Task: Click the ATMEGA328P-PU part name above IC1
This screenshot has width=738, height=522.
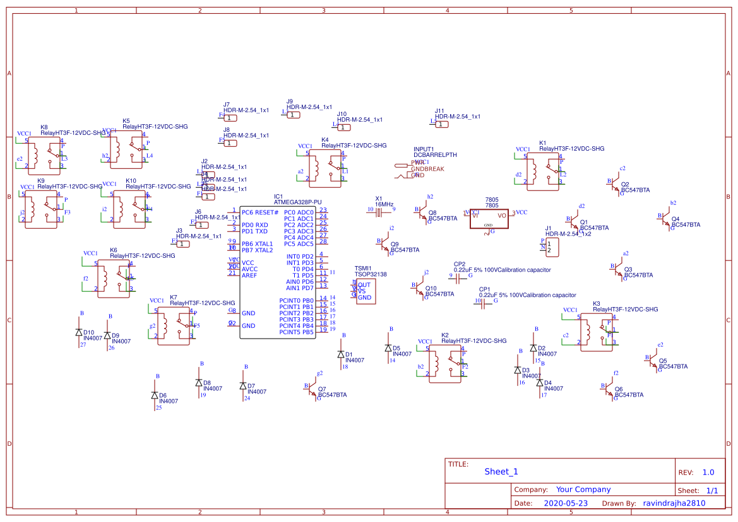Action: [297, 202]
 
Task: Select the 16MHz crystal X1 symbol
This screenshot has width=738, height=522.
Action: [379, 212]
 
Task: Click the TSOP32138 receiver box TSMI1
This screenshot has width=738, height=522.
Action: [366, 291]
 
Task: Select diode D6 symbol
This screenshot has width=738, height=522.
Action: [155, 395]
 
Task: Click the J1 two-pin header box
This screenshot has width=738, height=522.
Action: [552, 247]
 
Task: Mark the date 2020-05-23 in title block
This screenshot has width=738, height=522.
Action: [566, 503]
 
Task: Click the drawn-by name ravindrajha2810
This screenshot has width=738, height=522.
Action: [674, 503]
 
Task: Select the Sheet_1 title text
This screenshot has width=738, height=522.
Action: [501, 472]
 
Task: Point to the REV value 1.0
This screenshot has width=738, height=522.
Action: [708, 472]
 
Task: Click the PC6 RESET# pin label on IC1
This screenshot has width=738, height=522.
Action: [259, 212]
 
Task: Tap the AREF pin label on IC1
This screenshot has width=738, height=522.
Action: [249, 275]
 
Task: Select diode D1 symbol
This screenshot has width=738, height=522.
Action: [341, 356]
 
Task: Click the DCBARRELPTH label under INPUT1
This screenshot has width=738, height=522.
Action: [435, 154]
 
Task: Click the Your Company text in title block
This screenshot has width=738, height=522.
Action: [583, 489]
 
